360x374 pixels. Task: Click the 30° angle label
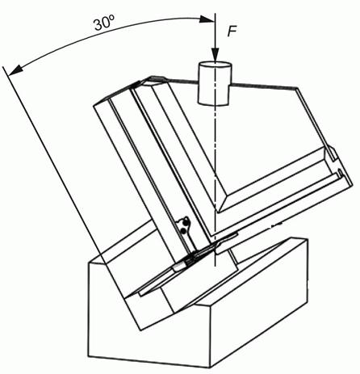point(105,23)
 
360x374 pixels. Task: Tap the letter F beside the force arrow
point(232,32)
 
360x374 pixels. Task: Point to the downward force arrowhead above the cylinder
point(215,55)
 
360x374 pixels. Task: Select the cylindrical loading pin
point(215,83)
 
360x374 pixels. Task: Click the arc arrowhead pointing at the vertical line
point(207,19)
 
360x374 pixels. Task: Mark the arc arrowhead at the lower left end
point(15,70)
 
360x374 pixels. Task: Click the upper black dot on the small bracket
point(185,222)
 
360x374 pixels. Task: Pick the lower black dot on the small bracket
point(183,231)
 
